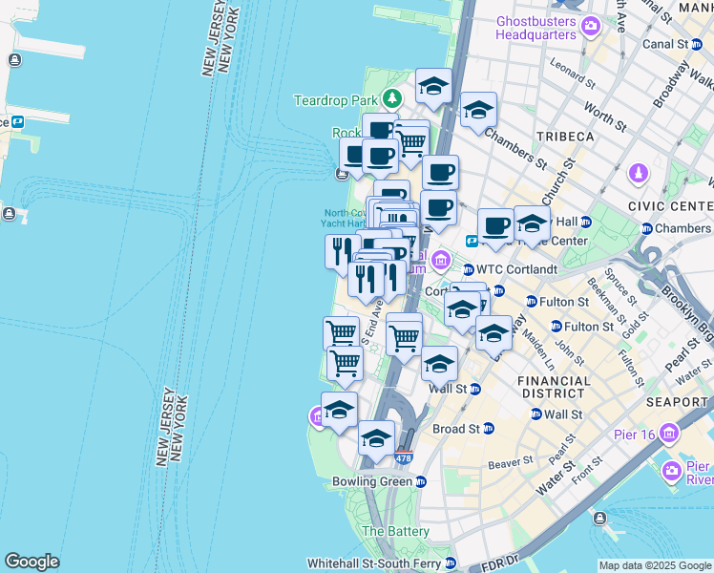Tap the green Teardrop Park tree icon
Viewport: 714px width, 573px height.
pyautogui.click(x=391, y=98)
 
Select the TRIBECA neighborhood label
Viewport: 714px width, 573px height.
pyautogui.click(x=565, y=137)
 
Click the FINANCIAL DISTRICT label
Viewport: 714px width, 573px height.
pyautogui.click(x=553, y=387)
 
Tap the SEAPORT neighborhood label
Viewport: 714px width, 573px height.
pyautogui.click(x=676, y=402)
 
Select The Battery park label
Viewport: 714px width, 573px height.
pyautogui.click(x=395, y=531)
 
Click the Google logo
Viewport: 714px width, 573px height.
pyautogui.click(x=31, y=562)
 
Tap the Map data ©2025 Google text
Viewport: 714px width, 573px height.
pyautogui.click(x=655, y=565)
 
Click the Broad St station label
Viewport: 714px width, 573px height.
pyautogui.click(x=455, y=430)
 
